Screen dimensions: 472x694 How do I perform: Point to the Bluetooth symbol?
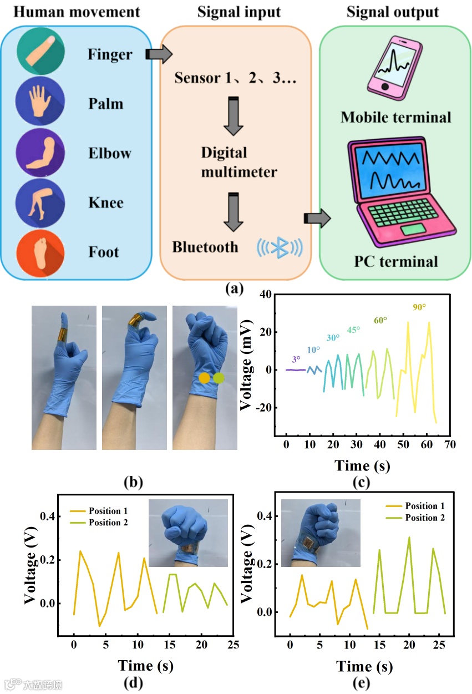280,247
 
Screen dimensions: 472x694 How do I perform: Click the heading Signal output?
392,12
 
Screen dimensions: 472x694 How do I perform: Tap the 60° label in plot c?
380,320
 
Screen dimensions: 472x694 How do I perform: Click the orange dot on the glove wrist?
205,378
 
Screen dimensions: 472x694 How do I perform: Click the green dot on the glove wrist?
219,378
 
